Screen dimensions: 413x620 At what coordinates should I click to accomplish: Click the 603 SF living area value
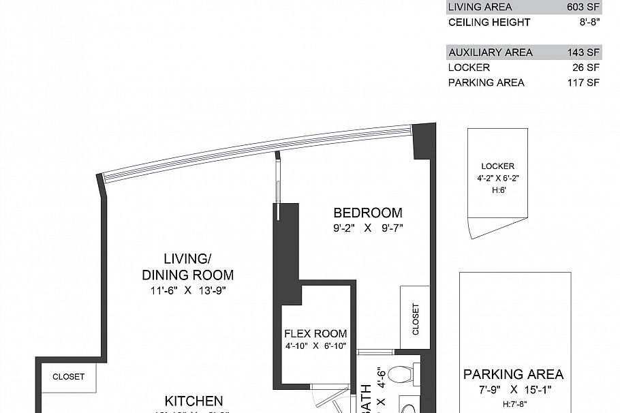coord(583,7)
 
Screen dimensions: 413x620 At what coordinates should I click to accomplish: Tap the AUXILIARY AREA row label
coord(491,52)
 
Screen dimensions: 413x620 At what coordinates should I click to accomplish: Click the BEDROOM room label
coord(368,213)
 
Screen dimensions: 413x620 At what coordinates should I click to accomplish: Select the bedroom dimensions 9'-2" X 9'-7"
coord(368,228)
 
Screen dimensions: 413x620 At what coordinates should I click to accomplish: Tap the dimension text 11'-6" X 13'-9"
coord(187,290)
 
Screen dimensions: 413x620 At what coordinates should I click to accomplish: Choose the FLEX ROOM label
coord(315,334)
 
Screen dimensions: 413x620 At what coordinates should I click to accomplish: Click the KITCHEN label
coord(194,401)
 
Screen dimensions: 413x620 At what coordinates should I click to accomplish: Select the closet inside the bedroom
coord(416,319)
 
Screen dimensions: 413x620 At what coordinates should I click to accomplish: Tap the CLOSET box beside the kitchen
coord(69,376)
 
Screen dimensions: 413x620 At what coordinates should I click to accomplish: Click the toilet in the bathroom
coord(403,374)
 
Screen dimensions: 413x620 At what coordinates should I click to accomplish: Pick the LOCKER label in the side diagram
coord(497,166)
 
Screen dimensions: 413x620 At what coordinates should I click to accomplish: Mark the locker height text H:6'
coord(498,191)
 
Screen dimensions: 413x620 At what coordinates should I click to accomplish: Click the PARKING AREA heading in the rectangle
coord(513,374)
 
